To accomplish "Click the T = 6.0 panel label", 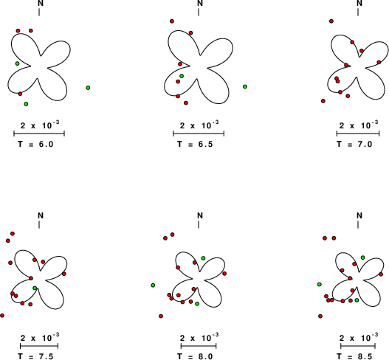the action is pyautogui.click(x=35, y=144).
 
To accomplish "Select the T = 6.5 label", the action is pyautogui.click(x=196, y=144).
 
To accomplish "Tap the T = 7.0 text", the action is pyautogui.click(x=354, y=144).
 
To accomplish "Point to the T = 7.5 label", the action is pyautogui.click(x=35, y=356).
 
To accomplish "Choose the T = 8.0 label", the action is pyautogui.click(x=196, y=356).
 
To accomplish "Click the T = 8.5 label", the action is pyautogui.click(x=354, y=356).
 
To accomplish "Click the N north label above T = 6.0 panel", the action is pyautogui.click(x=41, y=3).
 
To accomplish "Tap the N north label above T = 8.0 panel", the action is pyautogui.click(x=200, y=215).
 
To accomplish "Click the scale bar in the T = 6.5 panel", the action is pyautogui.click(x=199, y=134).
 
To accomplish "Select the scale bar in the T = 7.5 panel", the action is pyautogui.click(x=39, y=346).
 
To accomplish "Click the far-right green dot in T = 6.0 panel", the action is pyautogui.click(x=88, y=88).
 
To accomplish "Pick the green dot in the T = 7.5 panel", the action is pyautogui.click(x=35, y=288).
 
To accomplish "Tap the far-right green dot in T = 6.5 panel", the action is pyautogui.click(x=245, y=86).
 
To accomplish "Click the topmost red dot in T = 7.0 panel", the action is pyautogui.click(x=331, y=21).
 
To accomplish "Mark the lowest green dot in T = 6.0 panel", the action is pyautogui.click(x=26, y=104).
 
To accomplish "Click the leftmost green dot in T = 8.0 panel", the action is pyautogui.click(x=153, y=285).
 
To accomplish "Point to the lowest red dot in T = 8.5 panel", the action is pyautogui.click(x=320, y=316).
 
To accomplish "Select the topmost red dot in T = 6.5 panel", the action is pyautogui.click(x=172, y=21).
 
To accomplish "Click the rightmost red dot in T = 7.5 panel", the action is pyautogui.click(x=64, y=274).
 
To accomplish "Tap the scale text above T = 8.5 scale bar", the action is pyautogui.click(x=359, y=338).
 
